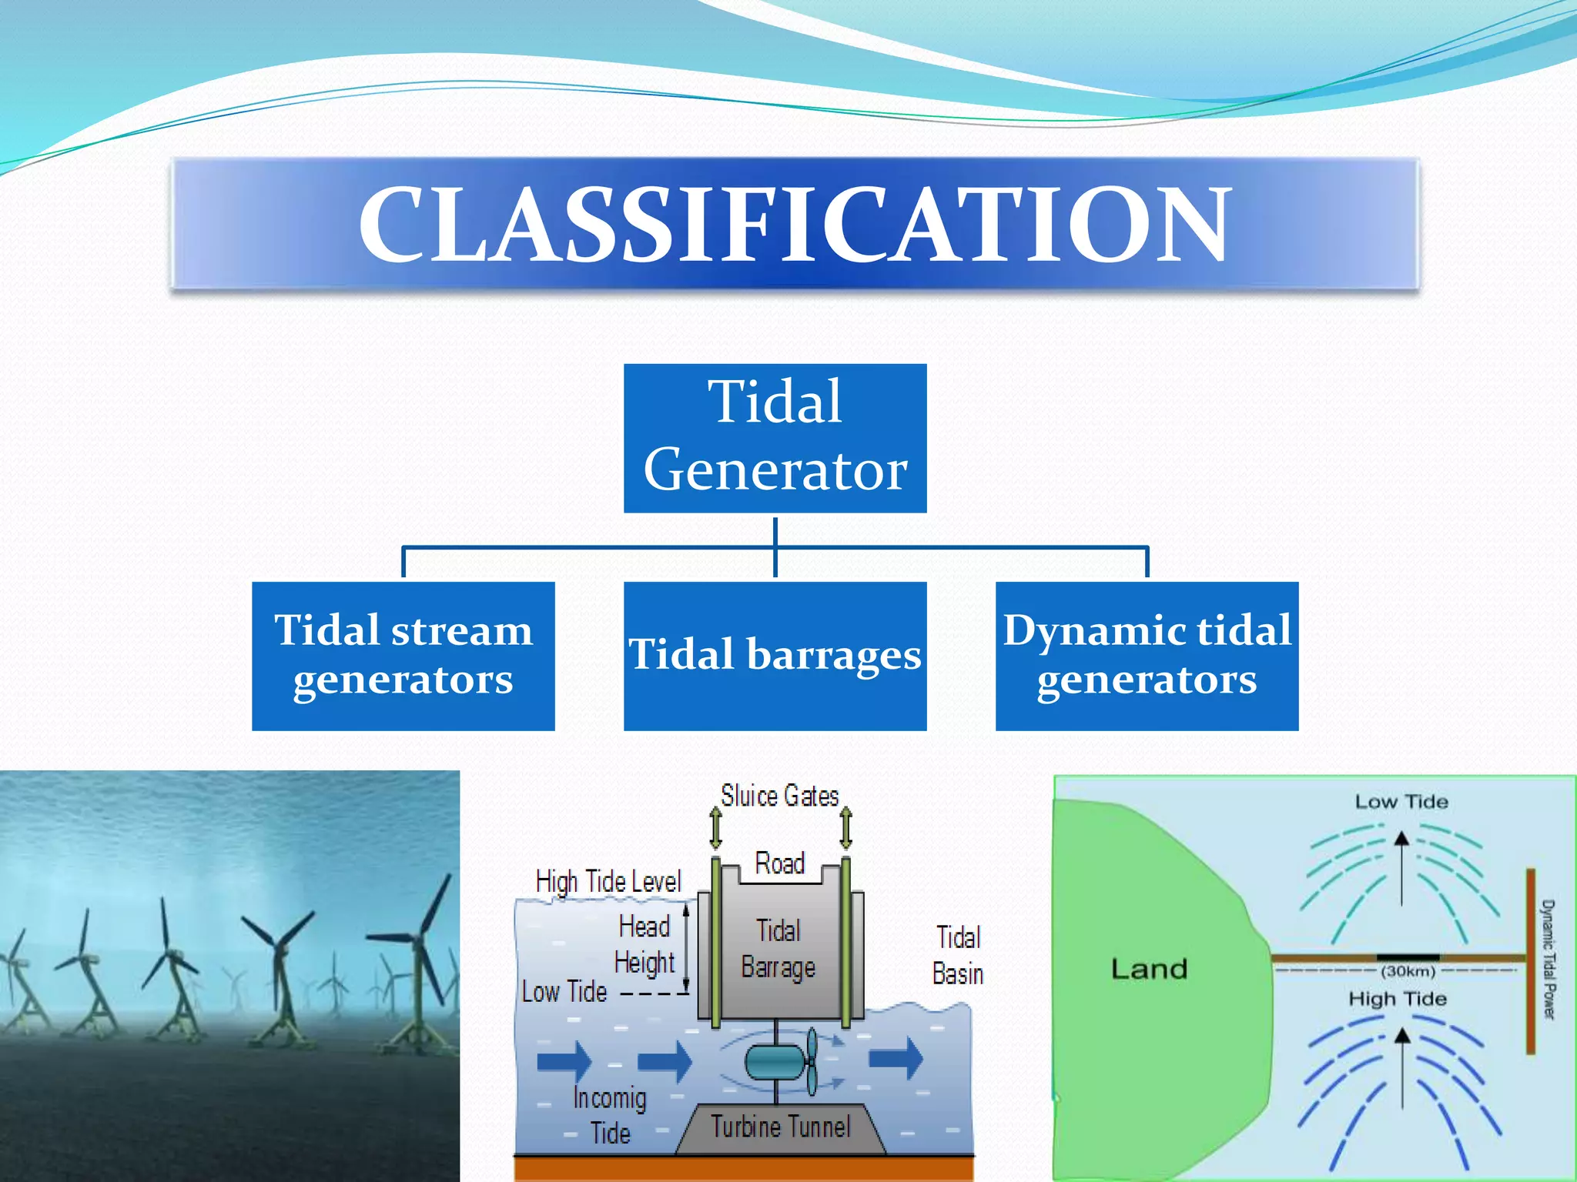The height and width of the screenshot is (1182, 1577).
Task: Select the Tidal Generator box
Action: click(775, 438)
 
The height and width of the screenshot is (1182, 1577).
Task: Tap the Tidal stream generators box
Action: click(403, 656)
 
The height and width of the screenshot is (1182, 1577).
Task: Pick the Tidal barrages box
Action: click(775, 656)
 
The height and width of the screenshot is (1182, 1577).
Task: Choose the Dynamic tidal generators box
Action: click(1147, 656)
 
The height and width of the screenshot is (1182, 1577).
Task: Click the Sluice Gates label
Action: click(779, 796)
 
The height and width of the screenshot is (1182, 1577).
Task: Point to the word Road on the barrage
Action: click(779, 863)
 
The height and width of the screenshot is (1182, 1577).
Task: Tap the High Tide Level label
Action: click(608, 881)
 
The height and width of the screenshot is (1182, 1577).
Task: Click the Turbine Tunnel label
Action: click(780, 1127)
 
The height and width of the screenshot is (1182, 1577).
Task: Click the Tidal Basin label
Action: click(958, 956)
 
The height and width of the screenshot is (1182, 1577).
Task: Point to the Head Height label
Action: click(645, 944)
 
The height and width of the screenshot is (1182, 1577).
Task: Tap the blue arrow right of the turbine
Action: click(896, 1058)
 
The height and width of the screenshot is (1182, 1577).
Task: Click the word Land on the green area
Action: click(1149, 968)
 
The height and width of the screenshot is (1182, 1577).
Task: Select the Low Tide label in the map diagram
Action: click(1401, 802)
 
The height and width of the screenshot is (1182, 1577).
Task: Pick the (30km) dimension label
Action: click(1408, 971)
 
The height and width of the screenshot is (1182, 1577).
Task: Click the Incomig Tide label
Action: click(609, 1115)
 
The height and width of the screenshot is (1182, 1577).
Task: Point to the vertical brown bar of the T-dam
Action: click(1531, 962)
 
